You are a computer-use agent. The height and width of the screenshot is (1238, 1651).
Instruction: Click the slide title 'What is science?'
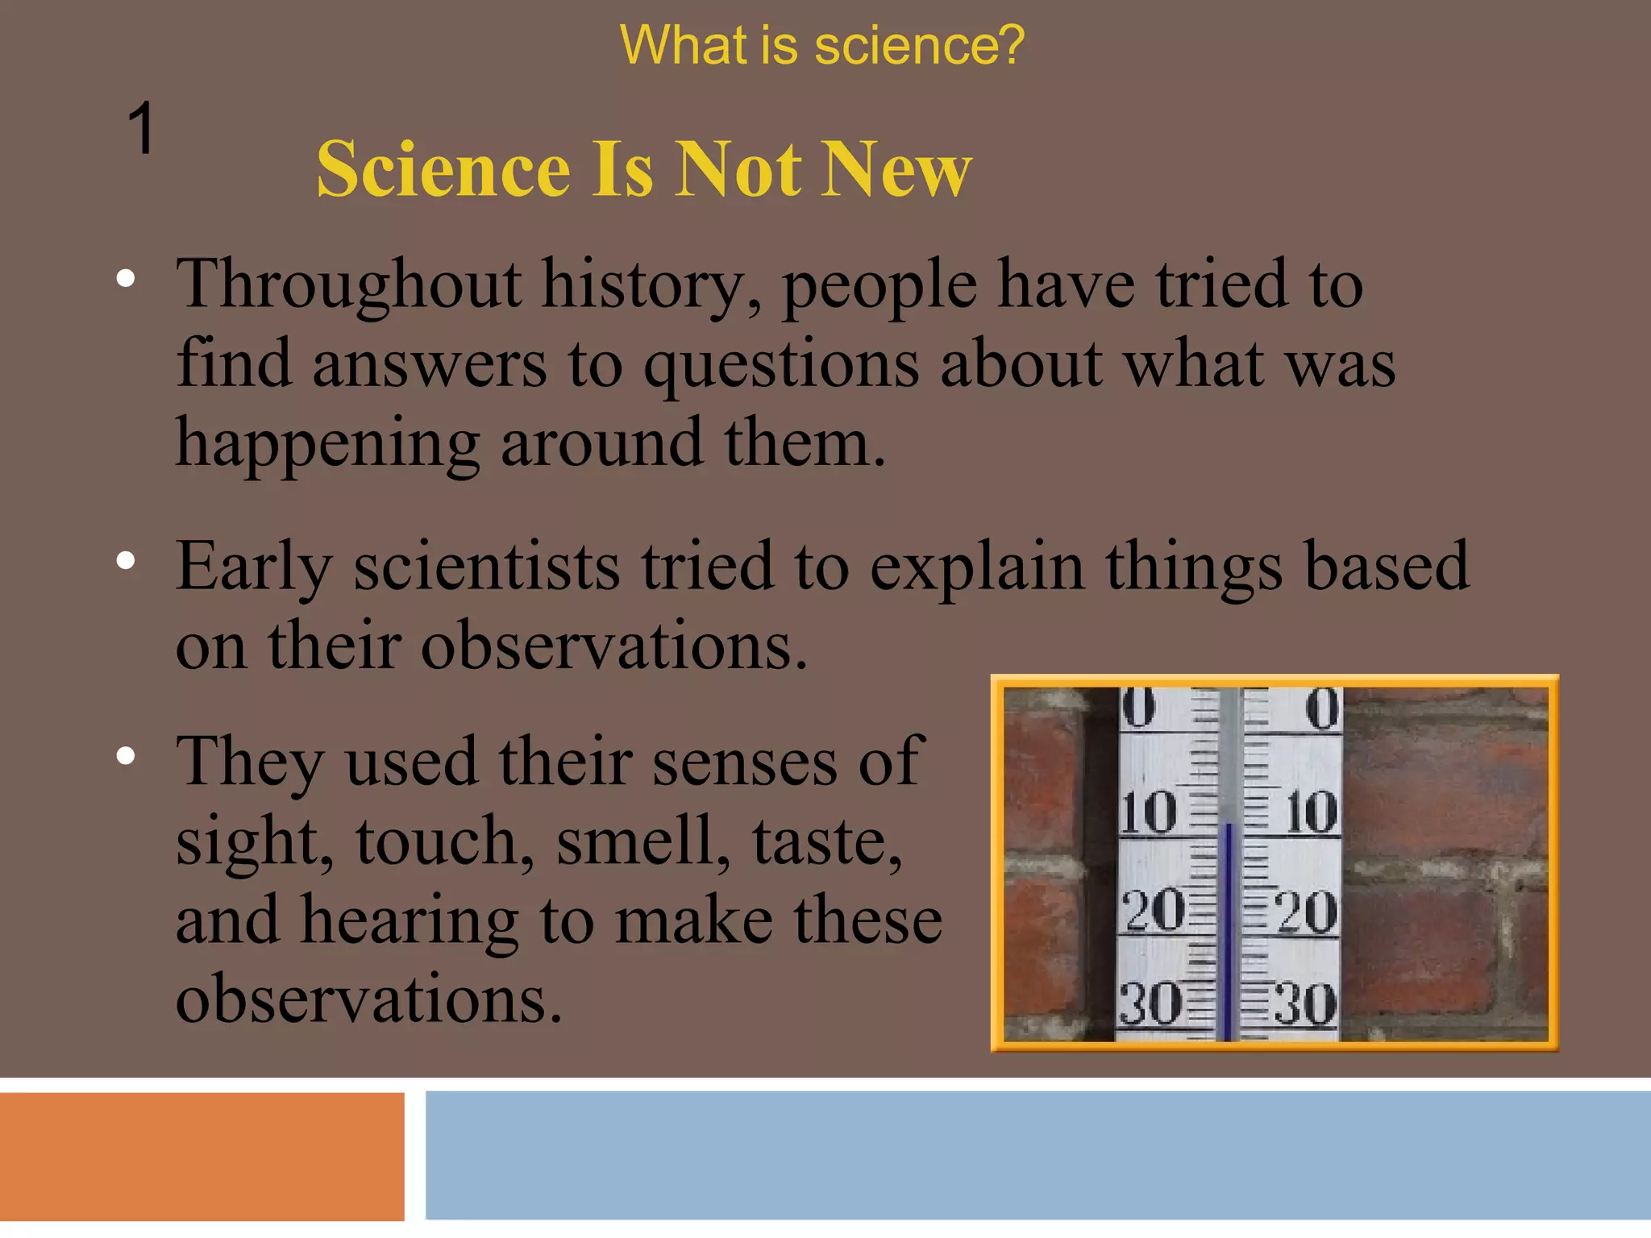(821, 46)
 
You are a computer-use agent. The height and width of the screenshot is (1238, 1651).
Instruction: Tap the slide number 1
(141, 129)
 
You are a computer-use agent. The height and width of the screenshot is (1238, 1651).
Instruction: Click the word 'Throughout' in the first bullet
(349, 286)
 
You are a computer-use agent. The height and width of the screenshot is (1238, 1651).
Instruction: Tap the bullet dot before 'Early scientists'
(126, 561)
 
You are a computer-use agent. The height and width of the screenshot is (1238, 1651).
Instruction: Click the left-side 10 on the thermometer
(1148, 812)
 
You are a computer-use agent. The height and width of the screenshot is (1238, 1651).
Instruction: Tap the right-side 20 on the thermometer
(1306, 912)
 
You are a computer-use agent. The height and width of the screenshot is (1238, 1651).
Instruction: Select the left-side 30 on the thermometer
(1150, 1005)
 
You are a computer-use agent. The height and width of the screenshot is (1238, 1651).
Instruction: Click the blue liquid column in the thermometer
(1228, 927)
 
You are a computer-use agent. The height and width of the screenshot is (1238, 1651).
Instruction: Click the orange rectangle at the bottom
(202, 1157)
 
